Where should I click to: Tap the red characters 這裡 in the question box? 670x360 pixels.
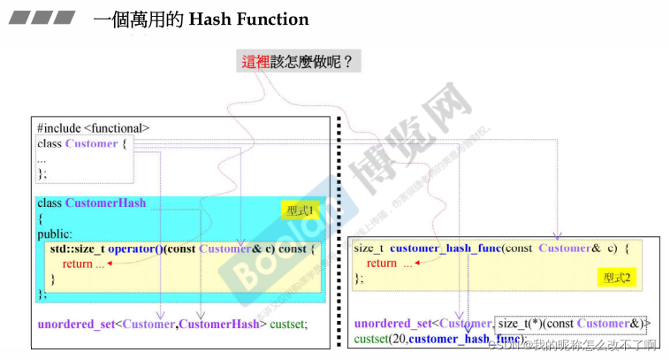point(257,62)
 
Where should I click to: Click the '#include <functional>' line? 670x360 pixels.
point(93,128)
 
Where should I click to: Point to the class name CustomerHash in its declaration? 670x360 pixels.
point(106,203)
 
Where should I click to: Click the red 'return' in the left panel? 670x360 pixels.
point(77,264)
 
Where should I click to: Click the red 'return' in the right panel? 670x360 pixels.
point(381,263)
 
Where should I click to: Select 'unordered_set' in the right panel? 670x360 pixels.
point(392,324)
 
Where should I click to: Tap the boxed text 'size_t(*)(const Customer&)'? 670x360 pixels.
point(573,324)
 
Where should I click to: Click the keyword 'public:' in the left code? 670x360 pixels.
point(55,234)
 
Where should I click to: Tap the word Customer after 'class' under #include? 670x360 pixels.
point(91,143)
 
